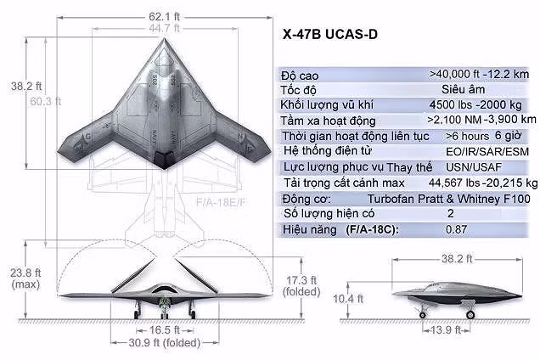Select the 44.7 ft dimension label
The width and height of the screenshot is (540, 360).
pos(166,27)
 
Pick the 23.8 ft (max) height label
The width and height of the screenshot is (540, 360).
pos(24,278)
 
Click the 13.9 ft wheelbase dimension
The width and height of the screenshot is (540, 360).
pos(447,329)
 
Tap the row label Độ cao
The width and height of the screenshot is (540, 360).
pos(300,75)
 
